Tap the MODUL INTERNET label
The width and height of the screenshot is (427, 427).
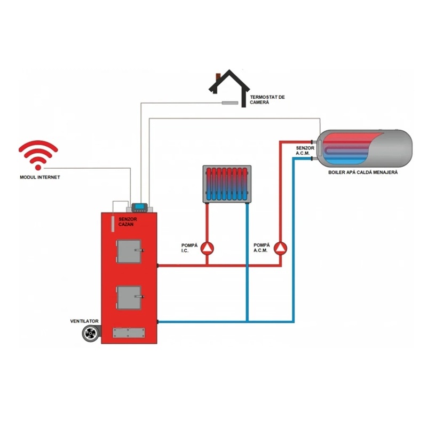[x=40, y=177]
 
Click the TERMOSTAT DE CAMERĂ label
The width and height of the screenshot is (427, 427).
[x=267, y=100]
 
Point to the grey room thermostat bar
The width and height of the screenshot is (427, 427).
[x=230, y=103]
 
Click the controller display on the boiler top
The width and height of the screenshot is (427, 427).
[x=139, y=208]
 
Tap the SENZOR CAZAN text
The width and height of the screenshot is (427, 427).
[x=128, y=222]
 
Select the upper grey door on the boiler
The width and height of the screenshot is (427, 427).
[x=129, y=251]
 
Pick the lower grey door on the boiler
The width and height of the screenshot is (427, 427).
[x=129, y=297]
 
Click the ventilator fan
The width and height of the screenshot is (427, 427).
[x=90, y=334]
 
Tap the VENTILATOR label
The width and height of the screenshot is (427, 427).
[x=84, y=321]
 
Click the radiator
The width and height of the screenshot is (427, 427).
[x=227, y=184]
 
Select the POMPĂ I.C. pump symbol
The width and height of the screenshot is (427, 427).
[x=208, y=248]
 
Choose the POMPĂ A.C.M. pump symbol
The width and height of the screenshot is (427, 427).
[x=281, y=248]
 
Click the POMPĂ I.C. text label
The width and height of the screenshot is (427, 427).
[x=189, y=248]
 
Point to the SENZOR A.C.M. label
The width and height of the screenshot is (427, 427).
[x=305, y=151]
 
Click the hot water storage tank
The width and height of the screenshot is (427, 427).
[x=365, y=149]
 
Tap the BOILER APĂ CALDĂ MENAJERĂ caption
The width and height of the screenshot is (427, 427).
[x=363, y=172]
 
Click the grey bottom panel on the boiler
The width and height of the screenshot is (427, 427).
[x=129, y=333]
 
